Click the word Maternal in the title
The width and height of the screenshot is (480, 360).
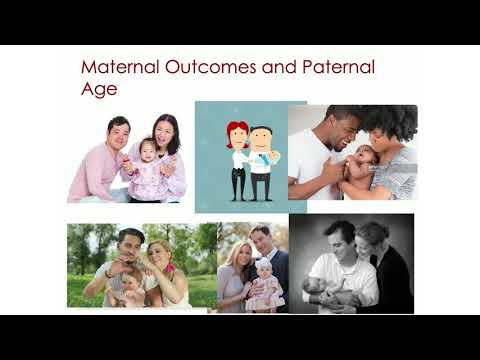coord(117,69)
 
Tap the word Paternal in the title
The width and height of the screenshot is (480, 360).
coord(339,69)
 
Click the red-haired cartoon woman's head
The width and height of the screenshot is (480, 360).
coord(238,133)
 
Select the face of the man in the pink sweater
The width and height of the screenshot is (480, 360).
coord(118,131)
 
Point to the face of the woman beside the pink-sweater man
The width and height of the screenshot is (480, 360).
coord(166,131)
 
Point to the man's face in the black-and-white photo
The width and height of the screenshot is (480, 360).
coord(344,240)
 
